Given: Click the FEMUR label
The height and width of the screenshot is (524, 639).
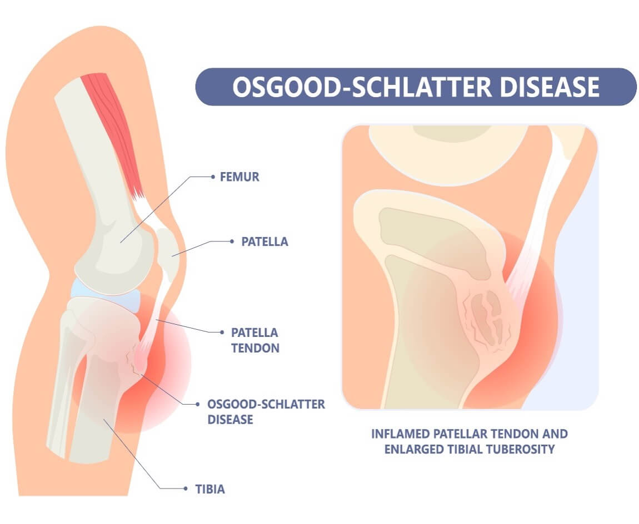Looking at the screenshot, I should pyautogui.click(x=240, y=178).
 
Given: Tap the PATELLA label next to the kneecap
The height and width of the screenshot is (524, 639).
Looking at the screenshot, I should pyautogui.click(x=264, y=242).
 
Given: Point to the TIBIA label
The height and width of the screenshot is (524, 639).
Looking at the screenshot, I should pyautogui.click(x=210, y=489).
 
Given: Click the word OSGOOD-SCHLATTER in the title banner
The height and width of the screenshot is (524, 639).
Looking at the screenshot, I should pyautogui.click(x=355, y=87).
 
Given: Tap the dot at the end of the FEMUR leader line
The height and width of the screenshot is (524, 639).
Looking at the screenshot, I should pyautogui.click(x=213, y=178).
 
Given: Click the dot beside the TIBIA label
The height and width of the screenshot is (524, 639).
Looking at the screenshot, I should pyautogui.click(x=186, y=489).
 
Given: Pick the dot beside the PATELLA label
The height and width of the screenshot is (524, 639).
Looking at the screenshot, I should pyautogui.click(x=232, y=241).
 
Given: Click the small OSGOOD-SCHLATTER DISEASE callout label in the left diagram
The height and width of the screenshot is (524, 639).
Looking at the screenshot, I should pyautogui.click(x=266, y=411).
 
